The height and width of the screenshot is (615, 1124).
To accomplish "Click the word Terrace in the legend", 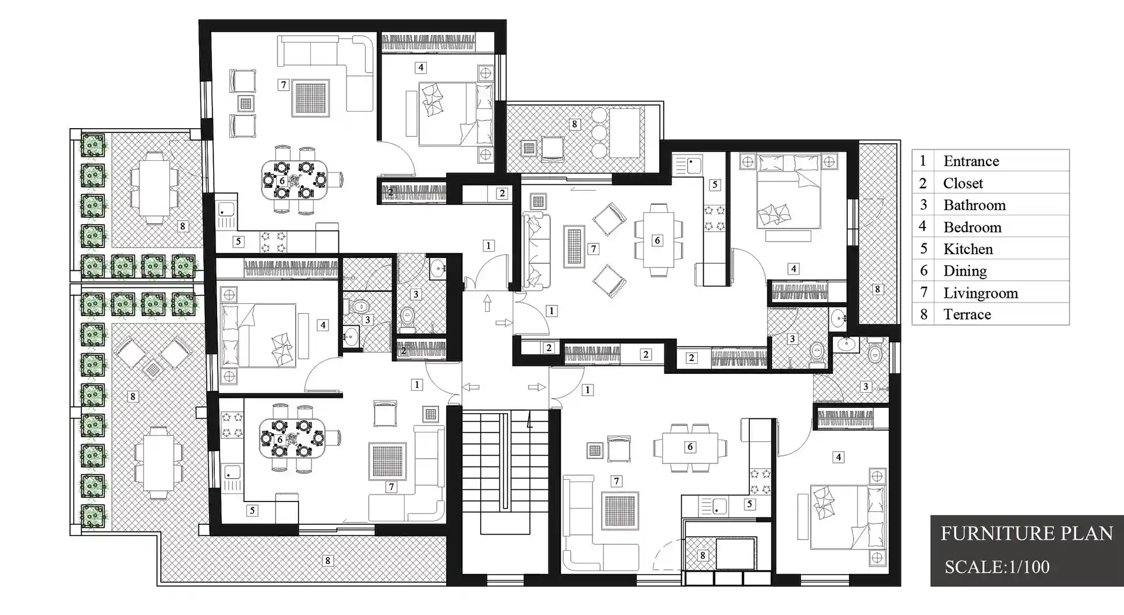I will click(967, 315).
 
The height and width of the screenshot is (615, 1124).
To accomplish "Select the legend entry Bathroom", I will click(974, 205).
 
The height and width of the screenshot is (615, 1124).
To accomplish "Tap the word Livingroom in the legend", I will click(980, 293).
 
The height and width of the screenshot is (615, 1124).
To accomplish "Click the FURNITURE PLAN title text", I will click(1026, 534).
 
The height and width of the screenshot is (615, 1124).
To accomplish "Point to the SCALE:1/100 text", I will click(996, 567).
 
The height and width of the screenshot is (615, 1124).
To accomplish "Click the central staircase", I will click(505, 468).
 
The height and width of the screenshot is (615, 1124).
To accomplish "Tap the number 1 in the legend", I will click(923, 161).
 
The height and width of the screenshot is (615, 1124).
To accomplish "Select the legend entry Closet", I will click(962, 183).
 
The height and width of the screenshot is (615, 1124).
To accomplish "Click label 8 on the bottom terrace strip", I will click(327, 561).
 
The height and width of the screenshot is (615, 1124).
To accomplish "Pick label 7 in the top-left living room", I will click(283, 85).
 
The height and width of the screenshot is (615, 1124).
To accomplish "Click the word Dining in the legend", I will click(964, 271).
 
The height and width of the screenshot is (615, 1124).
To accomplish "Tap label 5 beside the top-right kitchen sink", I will click(714, 184).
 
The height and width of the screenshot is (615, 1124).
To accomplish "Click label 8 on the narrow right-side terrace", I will click(877, 289).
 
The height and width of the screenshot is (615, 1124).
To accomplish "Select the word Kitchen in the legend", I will click(968, 249).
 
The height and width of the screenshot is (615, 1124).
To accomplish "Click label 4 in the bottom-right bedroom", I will click(838, 457).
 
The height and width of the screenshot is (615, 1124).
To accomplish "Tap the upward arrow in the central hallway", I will click(487, 303).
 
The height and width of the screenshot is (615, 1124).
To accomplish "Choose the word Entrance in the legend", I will click(971, 161).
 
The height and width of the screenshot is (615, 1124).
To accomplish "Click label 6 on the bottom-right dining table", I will click(690, 447).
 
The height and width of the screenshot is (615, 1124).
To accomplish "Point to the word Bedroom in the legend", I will click(972, 227).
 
